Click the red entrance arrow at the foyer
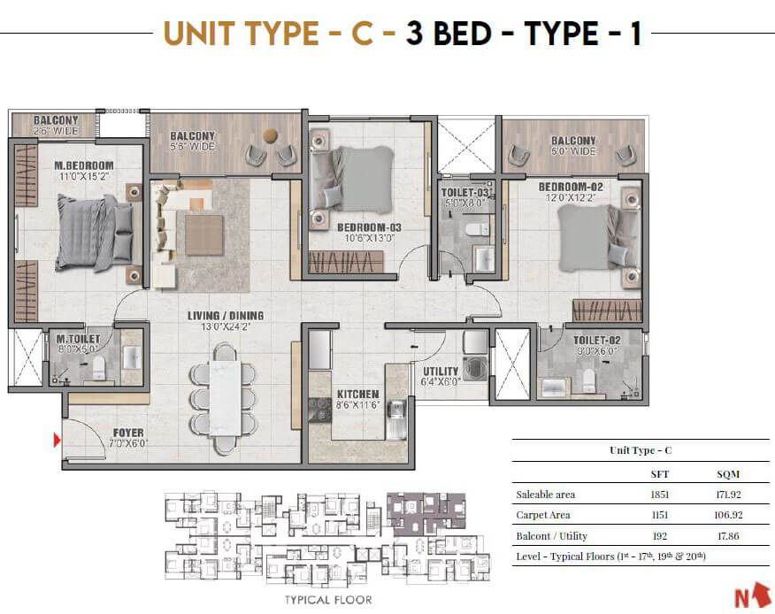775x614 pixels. [57, 440]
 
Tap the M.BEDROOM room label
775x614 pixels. [83, 165]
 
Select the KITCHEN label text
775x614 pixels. [357, 394]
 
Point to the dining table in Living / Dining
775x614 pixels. [225, 398]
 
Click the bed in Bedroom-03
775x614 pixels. [352, 180]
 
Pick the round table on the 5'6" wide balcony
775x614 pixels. [271, 135]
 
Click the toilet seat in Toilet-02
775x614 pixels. [587, 380]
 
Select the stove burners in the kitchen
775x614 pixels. [319, 410]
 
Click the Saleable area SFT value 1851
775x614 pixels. [659, 495]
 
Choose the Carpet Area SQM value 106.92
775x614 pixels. [728, 515]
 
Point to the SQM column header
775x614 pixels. [728, 474]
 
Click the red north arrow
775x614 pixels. [754, 595]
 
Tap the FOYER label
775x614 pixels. [128, 433]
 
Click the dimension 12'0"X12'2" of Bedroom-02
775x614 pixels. [571, 198]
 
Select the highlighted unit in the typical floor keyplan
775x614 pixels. [426, 514]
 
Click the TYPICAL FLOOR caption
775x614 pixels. [328, 600]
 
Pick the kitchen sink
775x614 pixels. [395, 411]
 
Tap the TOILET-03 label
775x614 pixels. [464, 192]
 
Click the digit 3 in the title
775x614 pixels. [415, 34]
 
